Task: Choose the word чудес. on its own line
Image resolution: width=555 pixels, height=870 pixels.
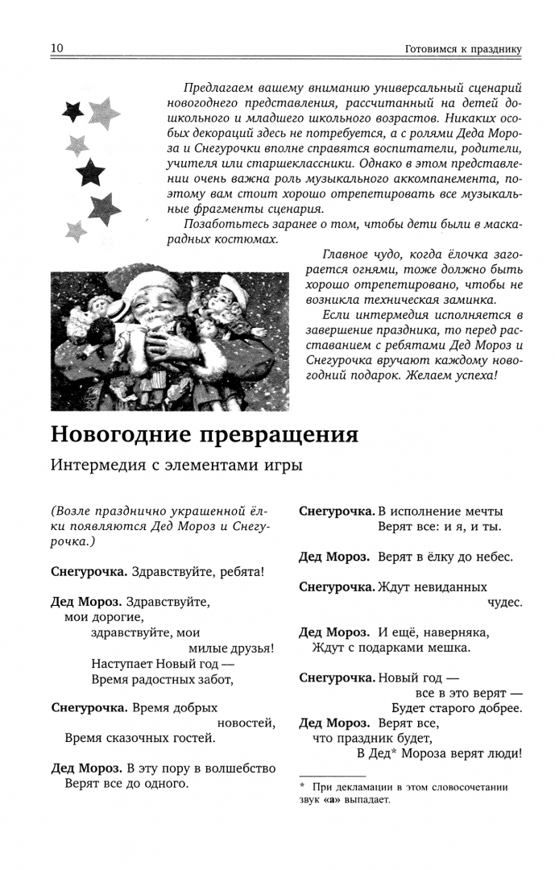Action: [504, 602]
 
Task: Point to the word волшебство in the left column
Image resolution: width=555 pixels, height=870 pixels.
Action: [241, 768]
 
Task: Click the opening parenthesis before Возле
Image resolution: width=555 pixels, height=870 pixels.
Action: [54, 512]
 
